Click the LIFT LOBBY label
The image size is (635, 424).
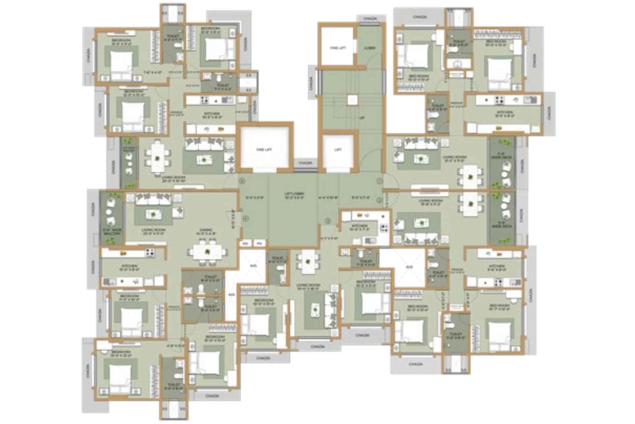click(x=294, y=195)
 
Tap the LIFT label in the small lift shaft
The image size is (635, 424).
click(x=338, y=150)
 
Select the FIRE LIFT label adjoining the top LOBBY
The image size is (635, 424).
click(x=338, y=48)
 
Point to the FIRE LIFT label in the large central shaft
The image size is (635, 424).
click(x=264, y=150)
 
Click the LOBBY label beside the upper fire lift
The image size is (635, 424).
click(x=370, y=48)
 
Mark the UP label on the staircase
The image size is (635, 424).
click(x=362, y=118)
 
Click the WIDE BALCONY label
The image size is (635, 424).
click(x=112, y=231)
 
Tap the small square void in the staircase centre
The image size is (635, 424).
click(x=352, y=100)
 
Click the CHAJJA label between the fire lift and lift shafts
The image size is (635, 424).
click(x=305, y=162)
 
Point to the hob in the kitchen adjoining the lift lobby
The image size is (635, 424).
click(x=384, y=228)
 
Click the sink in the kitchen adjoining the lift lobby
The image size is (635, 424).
click(x=370, y=241)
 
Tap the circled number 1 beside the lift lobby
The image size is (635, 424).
click(x=379, y=181)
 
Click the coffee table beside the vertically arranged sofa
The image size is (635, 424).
click(x=315, y=310)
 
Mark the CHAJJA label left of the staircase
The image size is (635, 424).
click(x=311, y=83)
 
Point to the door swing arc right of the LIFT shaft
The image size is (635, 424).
click(x=370, y=159)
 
